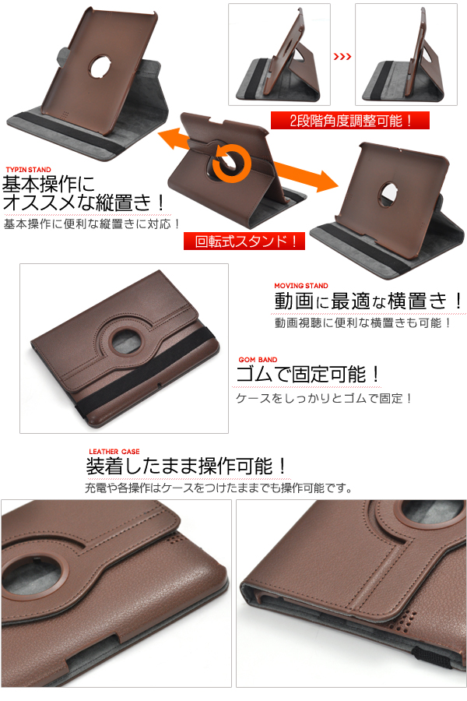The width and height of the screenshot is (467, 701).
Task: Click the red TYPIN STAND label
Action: coord(28,170)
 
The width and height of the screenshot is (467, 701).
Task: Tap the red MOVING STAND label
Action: coord(301,286)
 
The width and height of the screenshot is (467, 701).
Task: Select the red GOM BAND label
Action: coord(258,360)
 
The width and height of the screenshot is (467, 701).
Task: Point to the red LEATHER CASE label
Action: coord(114,452)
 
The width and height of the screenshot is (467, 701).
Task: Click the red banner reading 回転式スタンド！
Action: coord(244,241)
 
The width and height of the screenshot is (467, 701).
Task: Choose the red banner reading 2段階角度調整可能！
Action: coord(350,121)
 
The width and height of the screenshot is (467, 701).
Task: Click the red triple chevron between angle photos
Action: coord(342,57)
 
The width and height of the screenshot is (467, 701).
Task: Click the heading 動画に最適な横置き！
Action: coord(370,301)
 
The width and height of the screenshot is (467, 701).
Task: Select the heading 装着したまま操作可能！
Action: coord(187,467)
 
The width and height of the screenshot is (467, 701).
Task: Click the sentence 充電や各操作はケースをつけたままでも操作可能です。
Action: coord(219,488)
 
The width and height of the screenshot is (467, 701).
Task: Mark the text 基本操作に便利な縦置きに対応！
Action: coord(92,224)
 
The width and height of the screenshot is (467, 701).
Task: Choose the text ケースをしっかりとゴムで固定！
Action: coord(324,398)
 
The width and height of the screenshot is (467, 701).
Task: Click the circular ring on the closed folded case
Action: coord(125,343)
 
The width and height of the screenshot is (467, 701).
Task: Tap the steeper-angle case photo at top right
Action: coord(406,55)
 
